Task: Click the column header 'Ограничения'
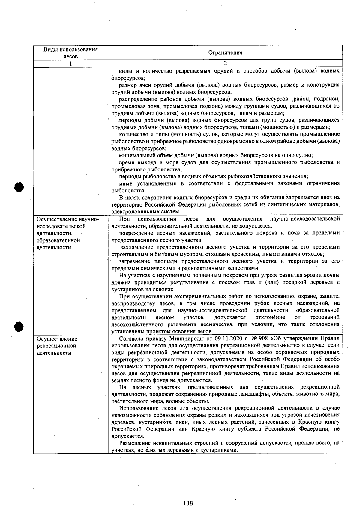pyautogui.click(x=225, y=53)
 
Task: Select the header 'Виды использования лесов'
pyautogui.click(x=71, y=53)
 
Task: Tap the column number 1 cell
pyautogui.click(x=71, y=64)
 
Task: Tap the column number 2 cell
pyautogui.click(x=225, y=64)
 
